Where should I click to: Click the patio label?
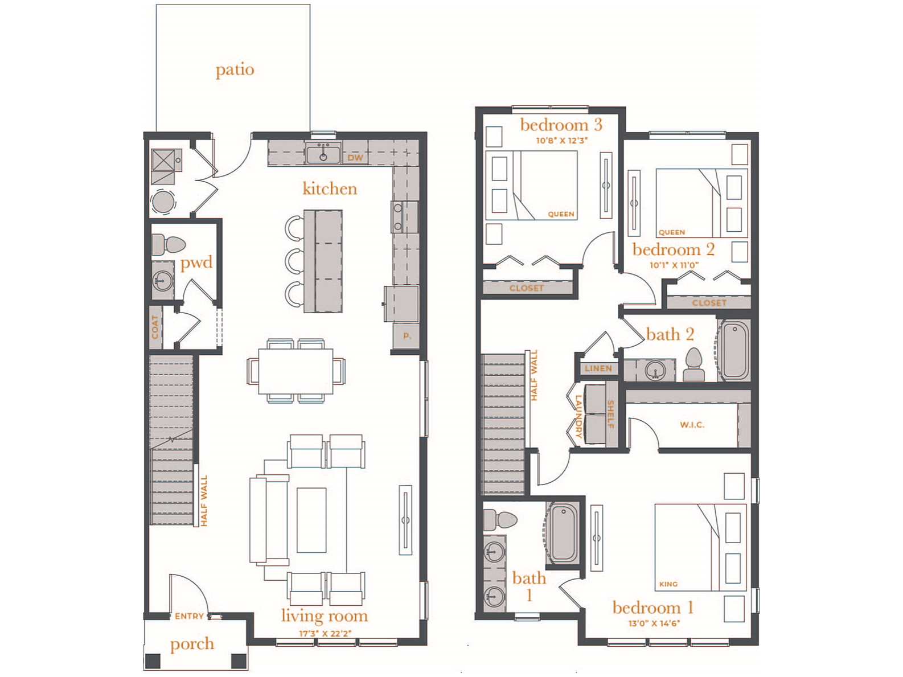[x=235, y=70]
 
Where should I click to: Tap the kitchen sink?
[x=323, y=153]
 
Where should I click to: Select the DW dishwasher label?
[x=355, y=158]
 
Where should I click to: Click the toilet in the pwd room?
[x=169, y=244]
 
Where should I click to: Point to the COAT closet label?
[x=155, y=327]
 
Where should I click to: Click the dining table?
[x=296, y=371]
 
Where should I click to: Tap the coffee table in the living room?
[x=311, y=520]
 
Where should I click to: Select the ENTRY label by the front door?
[x=189, y=616]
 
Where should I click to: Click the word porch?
[x=192, y=644]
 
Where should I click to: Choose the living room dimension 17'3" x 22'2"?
[x=325, y=634]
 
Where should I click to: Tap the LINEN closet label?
[x=598, y=368]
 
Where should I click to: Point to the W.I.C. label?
[x=692, y=425]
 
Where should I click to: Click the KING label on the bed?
[x=668, y=584]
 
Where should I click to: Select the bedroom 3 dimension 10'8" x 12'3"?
[x=561, y=140]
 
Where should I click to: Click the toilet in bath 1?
[x=499, y=520]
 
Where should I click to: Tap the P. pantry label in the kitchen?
[x=407, y=336]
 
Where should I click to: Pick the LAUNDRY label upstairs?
[x=578, y=416]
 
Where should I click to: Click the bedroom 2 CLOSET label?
[x=709, y=303]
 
